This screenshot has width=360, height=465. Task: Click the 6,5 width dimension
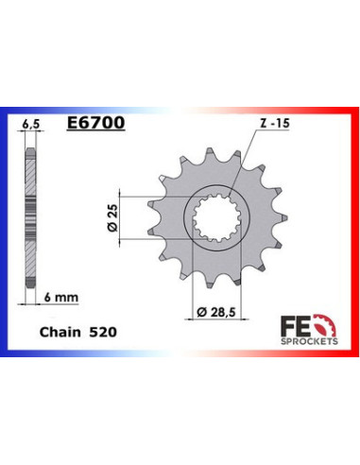30,124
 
